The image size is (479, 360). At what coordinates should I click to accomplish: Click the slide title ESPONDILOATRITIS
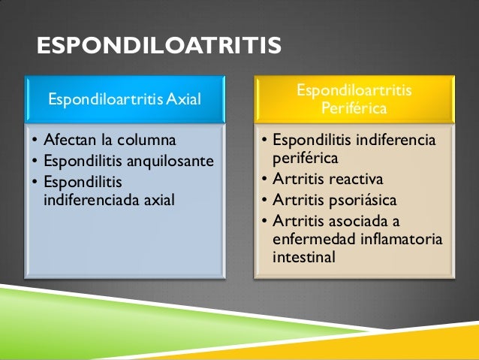click(x=159, y=47)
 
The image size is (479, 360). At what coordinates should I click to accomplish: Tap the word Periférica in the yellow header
click(x=354, y=109)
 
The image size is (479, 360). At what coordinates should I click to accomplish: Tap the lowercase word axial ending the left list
click(x=157, y=200)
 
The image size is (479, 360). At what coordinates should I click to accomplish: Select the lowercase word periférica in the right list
click(x=305, y=159)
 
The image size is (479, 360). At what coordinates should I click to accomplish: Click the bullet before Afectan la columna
click(x=34, y=141)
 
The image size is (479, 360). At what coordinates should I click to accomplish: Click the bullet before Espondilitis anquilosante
click(x=34, y=162)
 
